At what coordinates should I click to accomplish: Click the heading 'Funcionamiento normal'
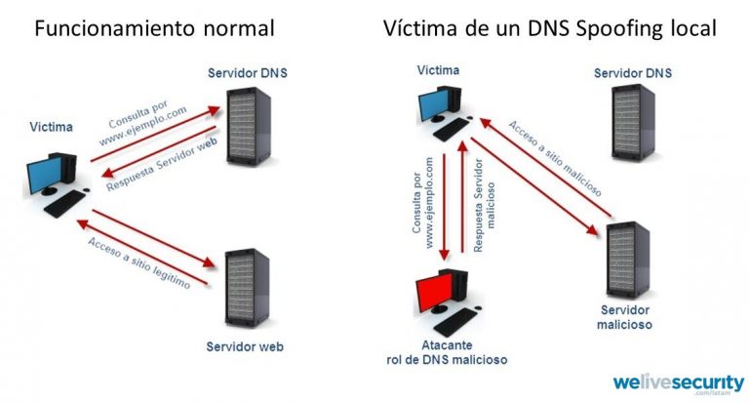click(154, 28)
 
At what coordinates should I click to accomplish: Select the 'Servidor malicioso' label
click(624, 316)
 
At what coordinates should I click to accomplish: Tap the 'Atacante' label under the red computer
click(447, 345)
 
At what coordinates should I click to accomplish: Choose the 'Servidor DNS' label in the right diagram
click(632, 74)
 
